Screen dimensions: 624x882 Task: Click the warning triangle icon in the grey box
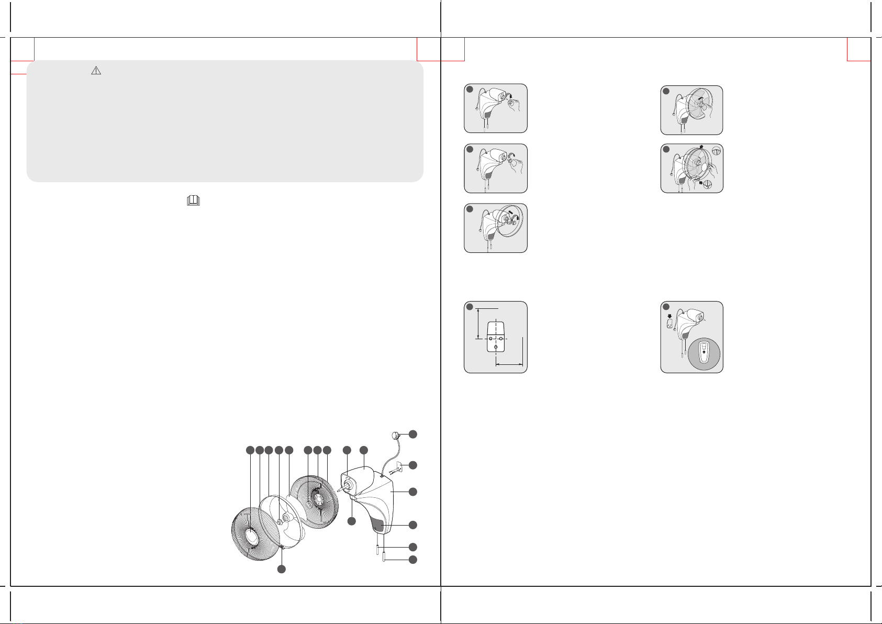point(96,71)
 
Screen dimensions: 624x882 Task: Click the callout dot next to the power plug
point(413,433)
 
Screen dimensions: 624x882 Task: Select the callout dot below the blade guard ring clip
point(281,569)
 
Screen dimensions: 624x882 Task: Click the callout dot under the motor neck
point(352,521)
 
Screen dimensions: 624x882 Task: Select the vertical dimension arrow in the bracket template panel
point(478,324)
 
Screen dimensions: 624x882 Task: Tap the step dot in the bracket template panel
point(470,307)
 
